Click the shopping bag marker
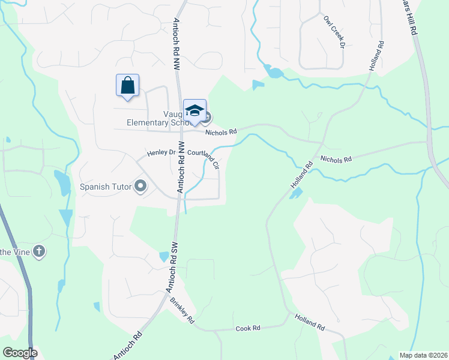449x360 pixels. point(127,85)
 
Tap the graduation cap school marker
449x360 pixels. point(194,110)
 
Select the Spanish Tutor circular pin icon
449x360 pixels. point(141,187)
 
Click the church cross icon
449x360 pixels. point(39,251)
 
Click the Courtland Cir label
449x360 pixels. point(204,157)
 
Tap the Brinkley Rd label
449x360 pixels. point(182,310)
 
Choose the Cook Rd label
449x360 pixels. point(247,328)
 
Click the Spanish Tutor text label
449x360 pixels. point(106,187)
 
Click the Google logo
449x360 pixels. point(19,353)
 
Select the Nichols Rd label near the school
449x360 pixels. point(221,131)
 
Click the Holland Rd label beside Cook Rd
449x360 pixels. point(309,322)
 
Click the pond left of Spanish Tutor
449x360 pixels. point(62,183)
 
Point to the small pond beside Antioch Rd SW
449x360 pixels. point(164,257)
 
